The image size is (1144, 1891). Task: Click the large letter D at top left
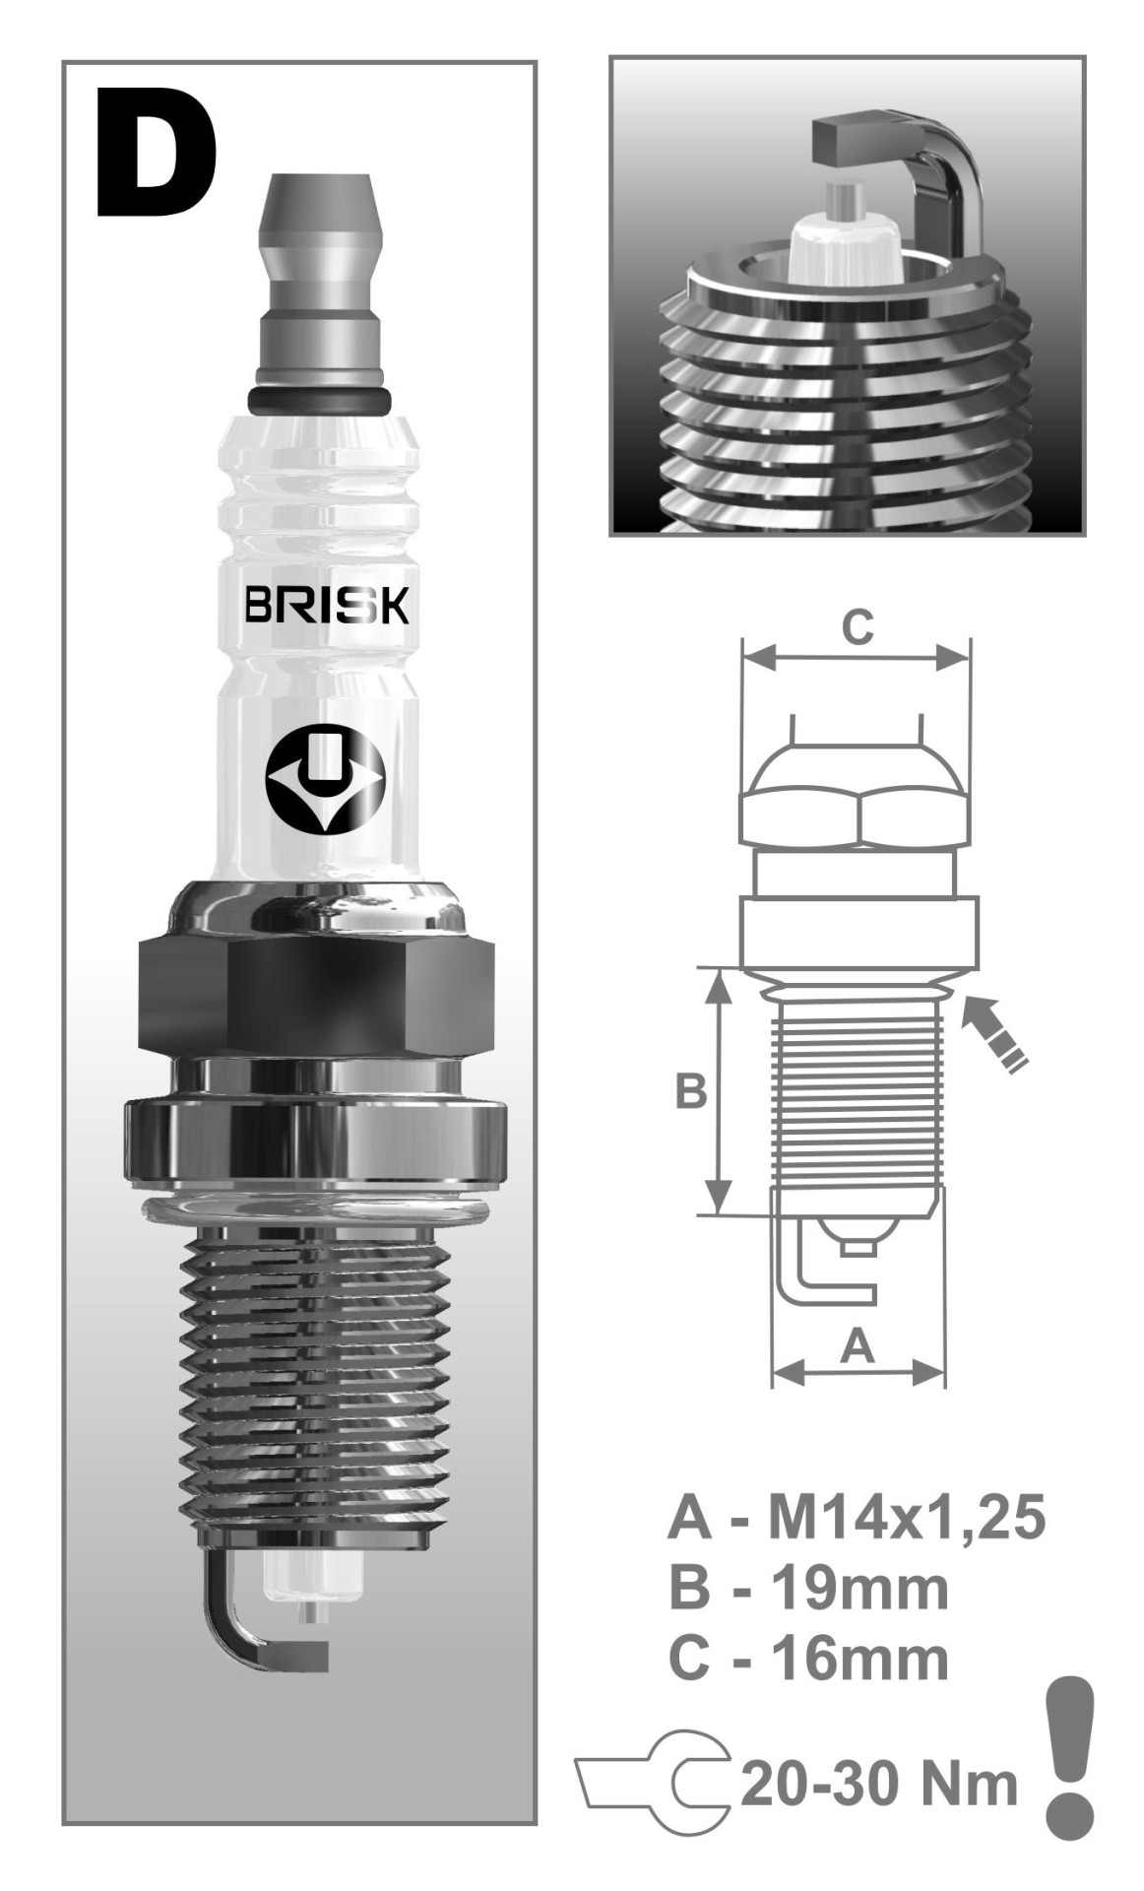tap(156, 158)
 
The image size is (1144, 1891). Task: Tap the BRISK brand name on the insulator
tap(327, 608)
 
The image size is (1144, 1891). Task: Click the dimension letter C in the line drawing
tap(857, 626)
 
